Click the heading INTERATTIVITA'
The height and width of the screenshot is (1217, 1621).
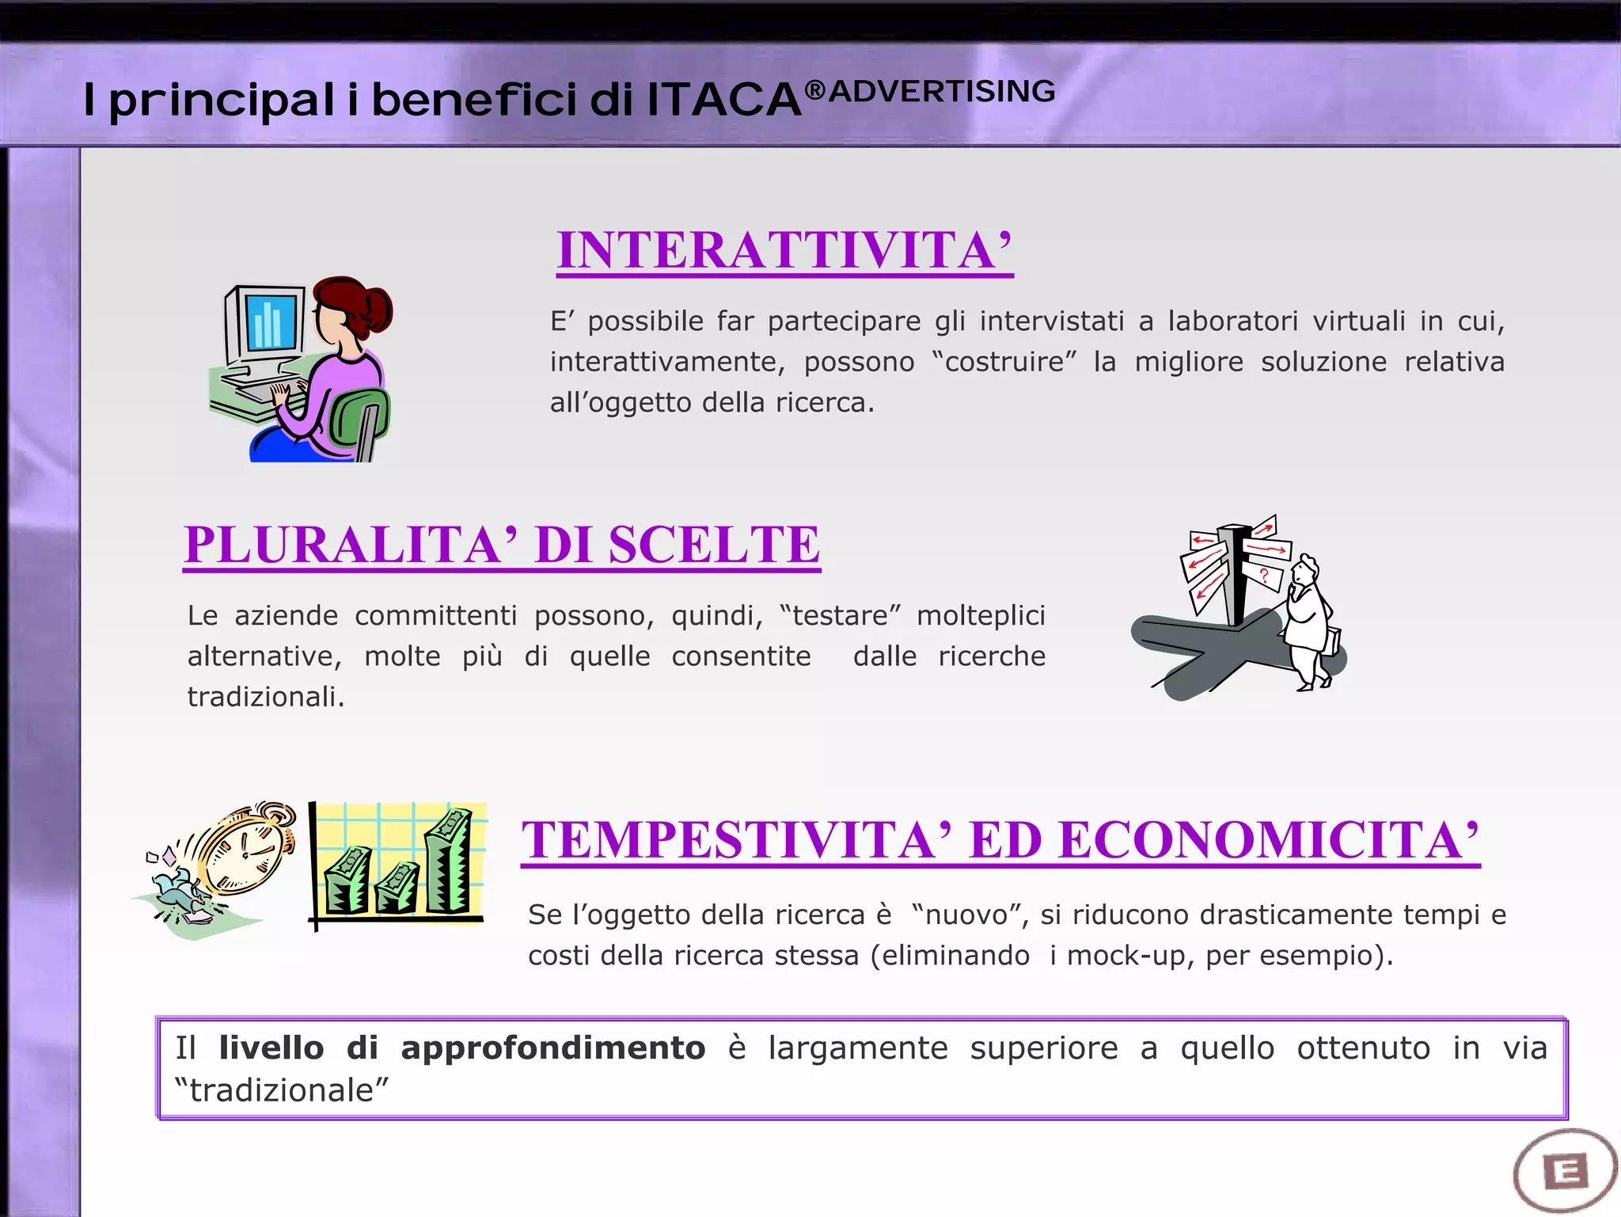tap(784, 251)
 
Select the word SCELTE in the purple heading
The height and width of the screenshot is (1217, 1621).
tap(714, 545)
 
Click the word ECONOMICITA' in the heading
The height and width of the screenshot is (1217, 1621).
tap(1268, 840)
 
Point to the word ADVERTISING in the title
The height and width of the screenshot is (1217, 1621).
tap(942, 92)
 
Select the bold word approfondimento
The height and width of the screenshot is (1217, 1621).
tap(552, 1048)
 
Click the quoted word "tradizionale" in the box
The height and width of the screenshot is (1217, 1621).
tap(282, 1090)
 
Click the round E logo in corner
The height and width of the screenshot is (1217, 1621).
tap(1565, 1171)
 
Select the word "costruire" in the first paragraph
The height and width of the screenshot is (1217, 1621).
tap(1004, 362)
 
